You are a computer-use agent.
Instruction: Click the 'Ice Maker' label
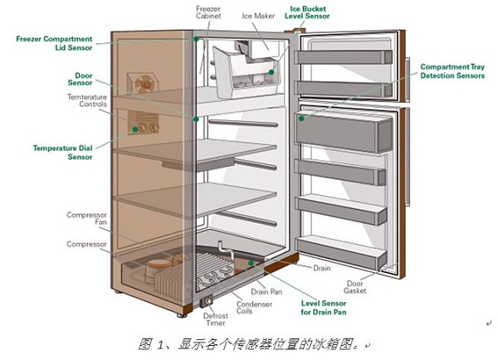[x=258, y=16]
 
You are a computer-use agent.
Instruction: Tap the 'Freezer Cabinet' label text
[x=208, y=12]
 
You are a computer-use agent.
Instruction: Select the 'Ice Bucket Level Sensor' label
[x=307, y=12]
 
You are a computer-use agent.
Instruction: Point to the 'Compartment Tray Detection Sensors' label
[x=452, y=71]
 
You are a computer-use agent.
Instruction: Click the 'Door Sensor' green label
[x=80, y=79]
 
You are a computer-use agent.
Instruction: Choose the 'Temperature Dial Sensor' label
[x=62, y=153]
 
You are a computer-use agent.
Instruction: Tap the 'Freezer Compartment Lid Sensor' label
[x=54, y=43]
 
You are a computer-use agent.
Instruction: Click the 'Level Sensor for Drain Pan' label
[x=324, y=308]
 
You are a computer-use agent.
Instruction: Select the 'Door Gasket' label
[x=354, y=287]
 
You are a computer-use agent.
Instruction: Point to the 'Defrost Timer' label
[x=216, y=319]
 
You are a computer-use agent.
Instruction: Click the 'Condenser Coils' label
[x=254, y=307]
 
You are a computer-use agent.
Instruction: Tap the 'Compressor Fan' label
[x=86, y=218]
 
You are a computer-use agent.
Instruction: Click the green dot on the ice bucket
[x=271, y=72]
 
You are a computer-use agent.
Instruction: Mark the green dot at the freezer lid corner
[x=197, y=39]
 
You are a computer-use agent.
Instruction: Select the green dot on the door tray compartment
[x=301, y=119]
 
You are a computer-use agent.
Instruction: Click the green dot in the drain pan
[x=251, y=263]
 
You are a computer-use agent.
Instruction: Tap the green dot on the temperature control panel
[x=135, y=129]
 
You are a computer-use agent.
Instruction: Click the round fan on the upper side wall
[x=144, y=84]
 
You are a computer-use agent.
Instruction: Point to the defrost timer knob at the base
[x=208, y=300]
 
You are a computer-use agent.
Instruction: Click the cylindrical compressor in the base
[x=158, y=270]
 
